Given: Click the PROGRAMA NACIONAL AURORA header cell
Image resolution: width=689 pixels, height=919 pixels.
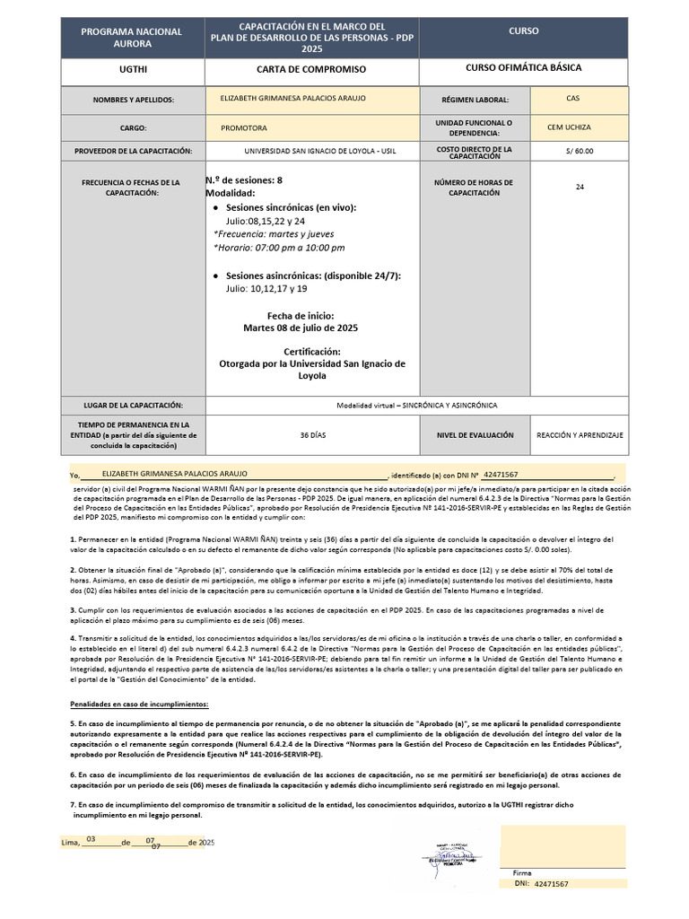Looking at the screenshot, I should pyautogui.click(x=132, y=37).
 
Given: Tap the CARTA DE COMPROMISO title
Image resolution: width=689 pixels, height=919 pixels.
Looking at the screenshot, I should pyautogui.click(x=311, y=69).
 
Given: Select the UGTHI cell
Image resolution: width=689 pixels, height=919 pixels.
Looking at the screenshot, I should pyautogui.click(x=132, y=69).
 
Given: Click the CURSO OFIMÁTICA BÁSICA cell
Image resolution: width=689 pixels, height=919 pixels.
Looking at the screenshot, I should pyautogui.click(x=523, y=68).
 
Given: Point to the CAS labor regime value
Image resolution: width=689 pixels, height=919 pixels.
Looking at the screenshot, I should pyautogui.click(x=572, y=99).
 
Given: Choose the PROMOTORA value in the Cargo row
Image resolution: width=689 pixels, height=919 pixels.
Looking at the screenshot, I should pyautogui.click(x=243, y=128).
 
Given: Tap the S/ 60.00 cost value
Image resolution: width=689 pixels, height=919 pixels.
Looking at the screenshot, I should pyautogui.click(x=580, y=152).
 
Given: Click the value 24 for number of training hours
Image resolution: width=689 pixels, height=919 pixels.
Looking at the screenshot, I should pyautogui.click(x=580, y=188).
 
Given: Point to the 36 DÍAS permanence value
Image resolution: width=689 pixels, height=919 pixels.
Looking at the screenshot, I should pyautogui.click(x=312, y=434).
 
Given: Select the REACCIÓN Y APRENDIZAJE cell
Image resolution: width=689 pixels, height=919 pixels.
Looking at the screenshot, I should pyautogui.click(x=580, y=434).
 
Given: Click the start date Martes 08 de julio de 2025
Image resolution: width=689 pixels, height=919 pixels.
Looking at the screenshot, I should pyautogui.click(x=301, y=328).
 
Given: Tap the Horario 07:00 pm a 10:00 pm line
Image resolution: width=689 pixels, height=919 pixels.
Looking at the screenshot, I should pyautogui.click(x=279, y=248).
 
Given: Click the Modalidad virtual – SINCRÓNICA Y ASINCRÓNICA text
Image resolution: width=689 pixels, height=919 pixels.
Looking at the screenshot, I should pyautogui.click(x=416, y=406).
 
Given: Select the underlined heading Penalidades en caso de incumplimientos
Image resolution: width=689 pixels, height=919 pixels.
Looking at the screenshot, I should pyautogui.click(x=139, y=705).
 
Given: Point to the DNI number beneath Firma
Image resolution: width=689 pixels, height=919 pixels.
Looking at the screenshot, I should pyautogui.click(x=551, y=884).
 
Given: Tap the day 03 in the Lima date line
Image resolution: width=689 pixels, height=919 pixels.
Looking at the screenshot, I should pyautogui.click(x=90, y=839).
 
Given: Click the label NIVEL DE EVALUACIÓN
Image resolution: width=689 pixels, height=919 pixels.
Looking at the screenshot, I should pyautogui.click(x=476, y=434).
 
